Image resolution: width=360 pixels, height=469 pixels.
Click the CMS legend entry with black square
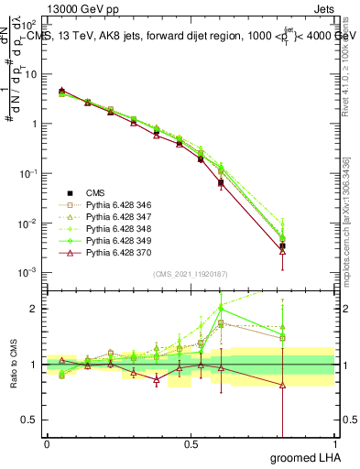96,192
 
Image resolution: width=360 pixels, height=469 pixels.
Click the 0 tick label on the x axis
47,443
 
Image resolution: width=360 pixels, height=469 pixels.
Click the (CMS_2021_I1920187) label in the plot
190,274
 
